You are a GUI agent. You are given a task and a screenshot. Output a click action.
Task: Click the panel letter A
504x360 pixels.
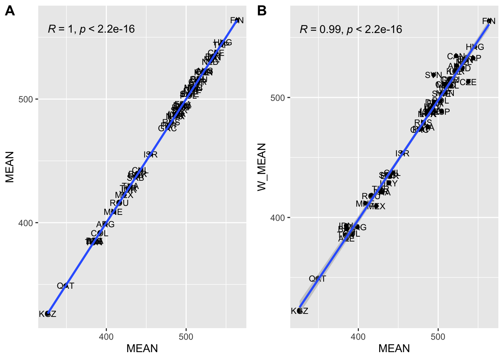click(10, 11)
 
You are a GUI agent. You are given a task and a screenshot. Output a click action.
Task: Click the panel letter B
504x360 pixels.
click(262, 11)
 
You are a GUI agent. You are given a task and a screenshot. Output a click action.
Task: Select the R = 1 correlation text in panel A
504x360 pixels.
click(91, 29)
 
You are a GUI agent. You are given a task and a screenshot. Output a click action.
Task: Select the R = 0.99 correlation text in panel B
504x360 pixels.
click(351, 29)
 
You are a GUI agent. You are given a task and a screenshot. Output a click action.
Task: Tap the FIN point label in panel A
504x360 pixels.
click(237, 21)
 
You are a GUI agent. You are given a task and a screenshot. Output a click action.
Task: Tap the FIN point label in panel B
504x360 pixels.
click(489, 21)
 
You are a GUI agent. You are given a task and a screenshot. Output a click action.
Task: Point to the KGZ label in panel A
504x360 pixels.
click(48, 314)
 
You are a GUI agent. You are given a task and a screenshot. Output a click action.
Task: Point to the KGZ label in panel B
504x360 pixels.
click(300, 311)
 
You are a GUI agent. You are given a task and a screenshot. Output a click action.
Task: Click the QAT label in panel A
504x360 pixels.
click(66, 286)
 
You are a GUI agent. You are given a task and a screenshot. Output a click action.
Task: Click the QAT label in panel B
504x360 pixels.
click(318, 279)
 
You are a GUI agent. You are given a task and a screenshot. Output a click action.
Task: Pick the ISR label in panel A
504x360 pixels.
click(150, 154)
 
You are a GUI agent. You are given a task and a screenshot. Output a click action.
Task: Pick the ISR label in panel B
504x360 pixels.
click(402, 153)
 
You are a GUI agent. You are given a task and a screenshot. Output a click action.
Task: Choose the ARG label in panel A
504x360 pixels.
click(105, 225)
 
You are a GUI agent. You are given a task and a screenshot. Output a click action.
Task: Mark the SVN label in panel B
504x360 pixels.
click(433, 75)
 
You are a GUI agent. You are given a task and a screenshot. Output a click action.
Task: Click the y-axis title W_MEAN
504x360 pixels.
click(262, 167)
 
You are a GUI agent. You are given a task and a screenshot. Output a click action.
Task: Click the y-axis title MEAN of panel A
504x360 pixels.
click(10, 167)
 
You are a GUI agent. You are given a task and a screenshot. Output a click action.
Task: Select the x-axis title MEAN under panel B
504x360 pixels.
click(394, 348)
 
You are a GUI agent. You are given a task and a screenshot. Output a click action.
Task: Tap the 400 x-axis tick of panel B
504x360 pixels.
click(358, 336)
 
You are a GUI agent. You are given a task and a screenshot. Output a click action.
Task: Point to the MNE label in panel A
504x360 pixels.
click(113, 212)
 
